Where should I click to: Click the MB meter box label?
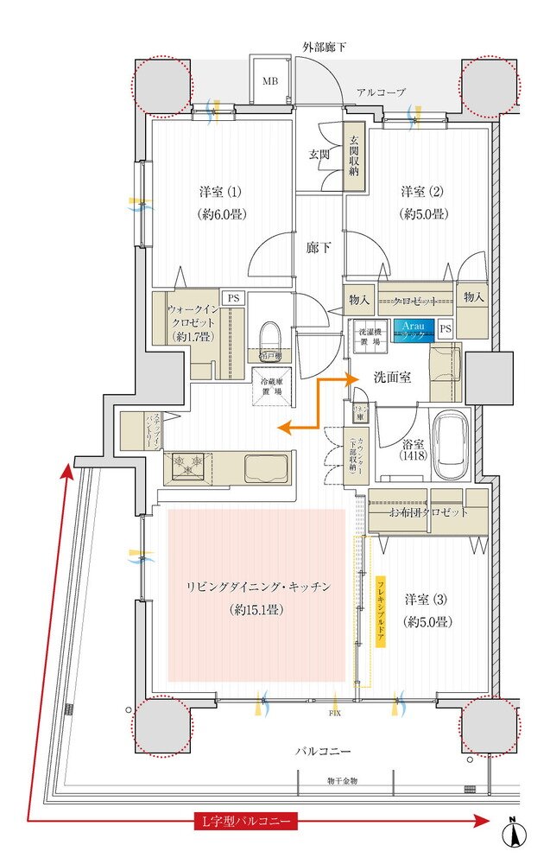pyautogui.click(x=271, y=80)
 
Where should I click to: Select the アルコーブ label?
pyautogui.click(x=381, y=92)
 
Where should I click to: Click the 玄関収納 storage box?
pyautogui.click(x=352, y=156)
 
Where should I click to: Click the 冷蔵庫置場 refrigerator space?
pyautogui.click(x=271, y=386)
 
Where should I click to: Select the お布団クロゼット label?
pyautogui.click(x=428, y=512)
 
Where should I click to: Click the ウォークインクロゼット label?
pyautogui.click(x=196, y=321)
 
